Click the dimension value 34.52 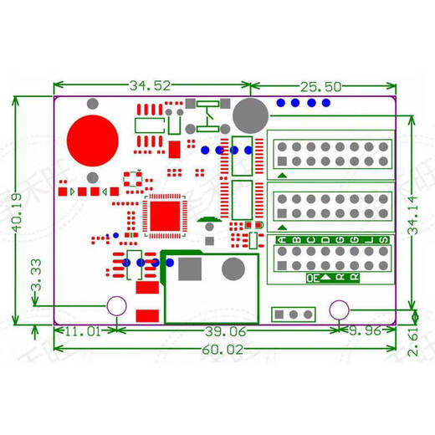tap(151, 85)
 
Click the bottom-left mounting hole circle tap(117, 309)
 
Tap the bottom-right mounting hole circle tap(339, 309)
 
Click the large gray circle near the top tap(249, 114)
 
